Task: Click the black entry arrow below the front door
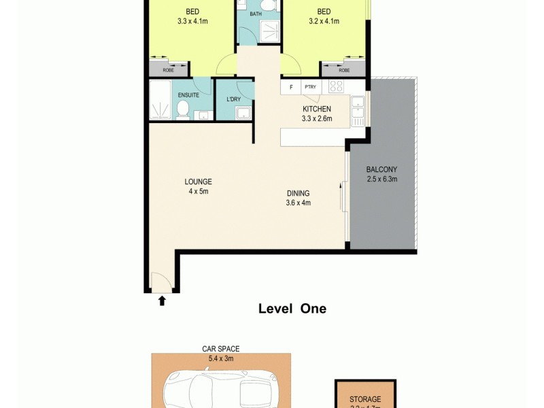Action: point(162,300)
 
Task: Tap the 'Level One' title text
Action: point(292,309)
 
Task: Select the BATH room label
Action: point(256,14)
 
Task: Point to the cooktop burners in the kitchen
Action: point(337,86)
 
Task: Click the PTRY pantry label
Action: point(311,87)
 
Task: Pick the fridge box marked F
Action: point(291,87)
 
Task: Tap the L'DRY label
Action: point(233,100)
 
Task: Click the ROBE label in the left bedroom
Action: point(168,70)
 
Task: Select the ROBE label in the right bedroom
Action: point(344,70)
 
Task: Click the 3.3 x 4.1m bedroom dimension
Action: point(192,21)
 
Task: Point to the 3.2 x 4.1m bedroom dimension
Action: point(324,21)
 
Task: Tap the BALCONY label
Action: point(381,169)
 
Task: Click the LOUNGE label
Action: point(199,182)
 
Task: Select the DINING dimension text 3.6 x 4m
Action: point(298,203)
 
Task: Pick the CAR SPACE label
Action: point(220,348)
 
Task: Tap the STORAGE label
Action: point(365,399)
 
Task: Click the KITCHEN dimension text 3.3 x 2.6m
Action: point(316,118)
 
